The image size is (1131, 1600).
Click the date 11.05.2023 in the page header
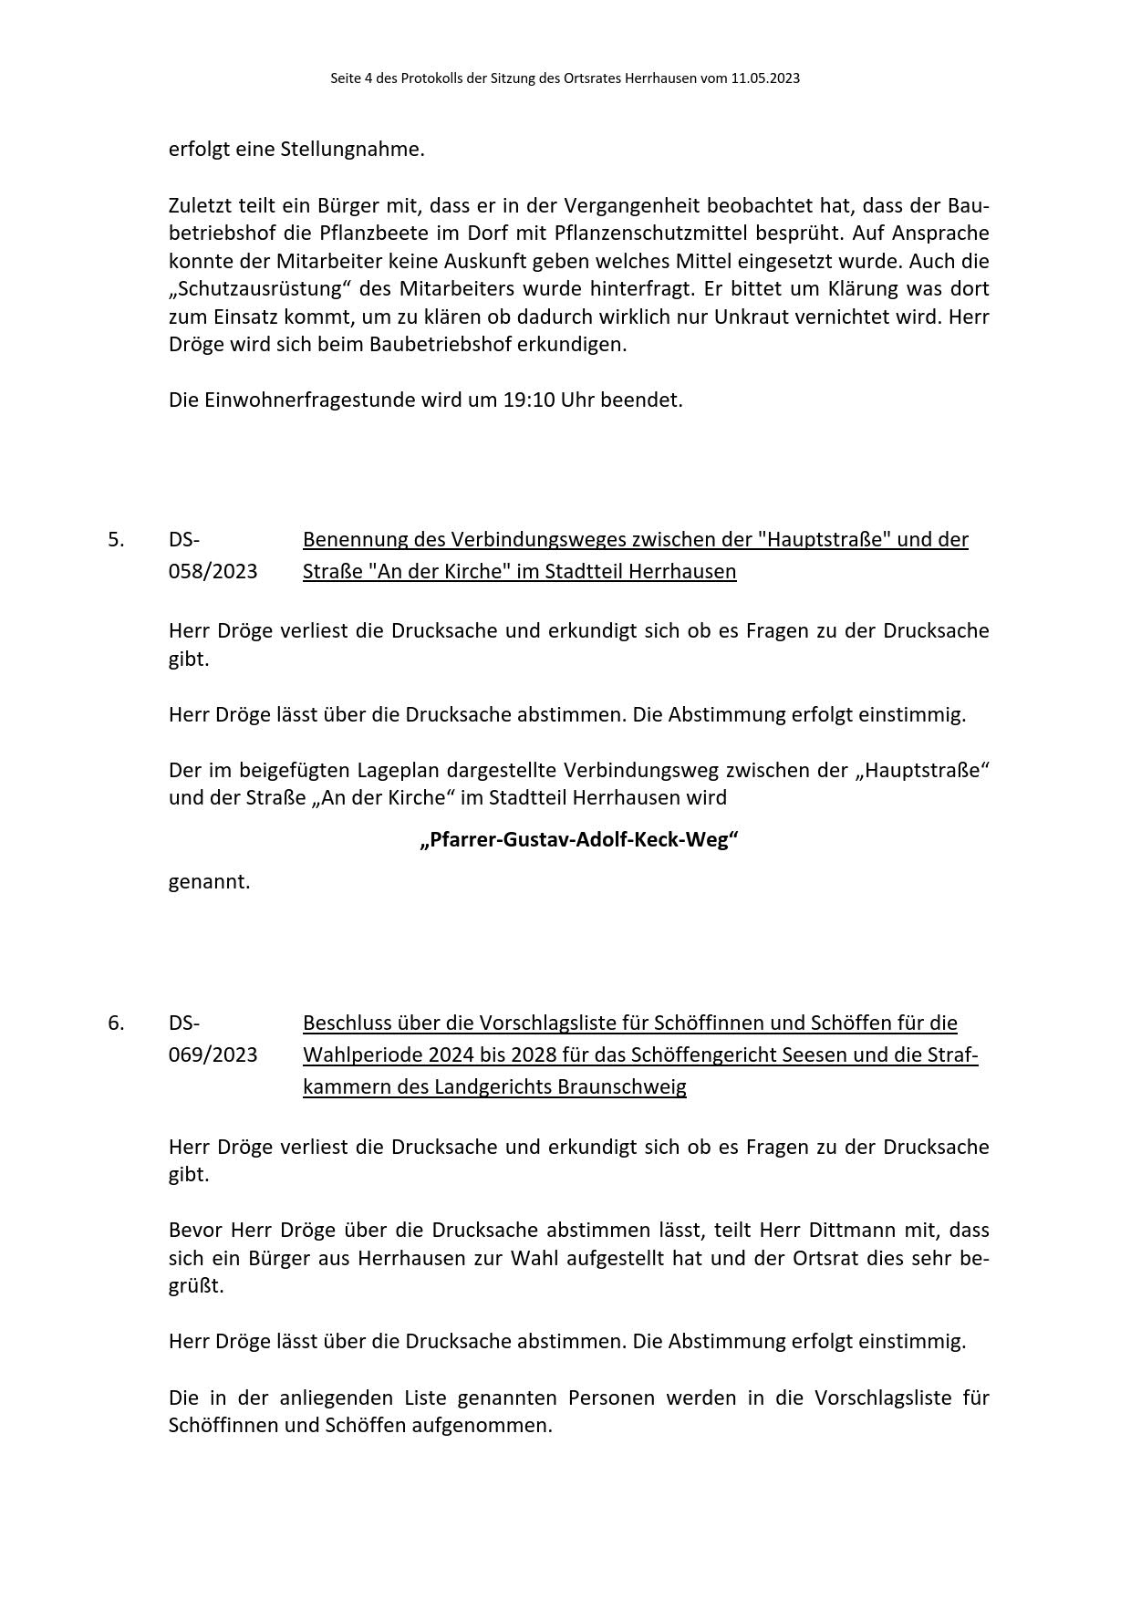(x=764, y=78)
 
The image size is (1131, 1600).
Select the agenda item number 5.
(x=116, y=539)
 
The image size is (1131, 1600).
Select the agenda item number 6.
(x=116, y=1023)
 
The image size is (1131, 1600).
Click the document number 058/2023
(x=213, y=571)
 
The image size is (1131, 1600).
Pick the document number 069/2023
(x=213, y=1055)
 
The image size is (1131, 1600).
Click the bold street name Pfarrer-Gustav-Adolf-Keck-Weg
(x=579, y=839)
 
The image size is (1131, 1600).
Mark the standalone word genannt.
(x=209, y=881)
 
